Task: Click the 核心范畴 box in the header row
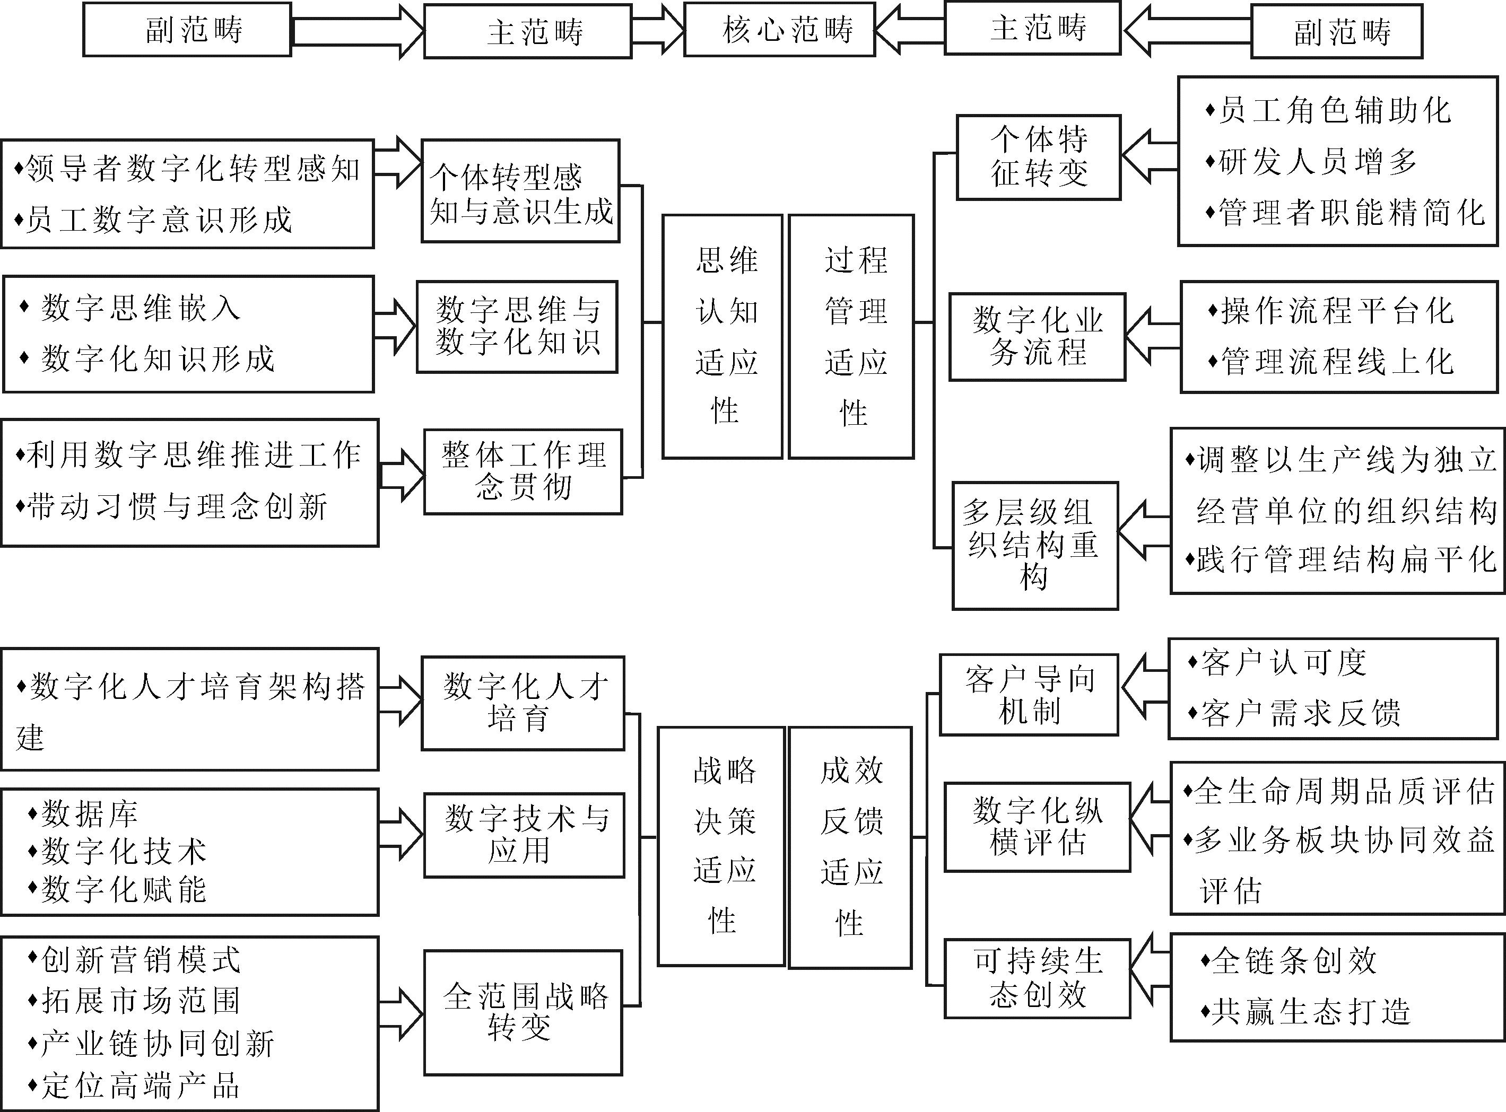tap(780, 30)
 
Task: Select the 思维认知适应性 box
tap(722, 337)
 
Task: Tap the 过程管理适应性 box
tap(851, 337)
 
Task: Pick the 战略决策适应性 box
tap(721, 846)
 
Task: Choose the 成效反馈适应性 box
tap(850, 847)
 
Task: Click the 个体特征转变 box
tap(1039, 157)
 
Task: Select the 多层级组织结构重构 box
tap(1035, 546)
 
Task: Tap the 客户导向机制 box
tap(1029, 695)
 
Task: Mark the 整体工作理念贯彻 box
tap(523, 472)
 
